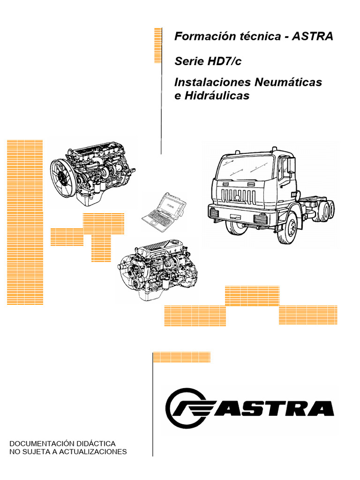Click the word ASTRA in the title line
[313, 37]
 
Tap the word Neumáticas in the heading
[288, 82]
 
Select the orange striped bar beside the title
[158, 45]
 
